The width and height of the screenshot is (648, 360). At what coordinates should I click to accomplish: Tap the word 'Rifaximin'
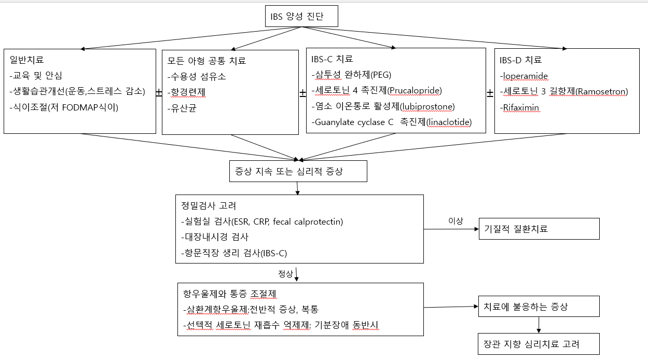[521, 107]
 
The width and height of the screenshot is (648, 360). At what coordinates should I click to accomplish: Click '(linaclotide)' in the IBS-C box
[448, 122]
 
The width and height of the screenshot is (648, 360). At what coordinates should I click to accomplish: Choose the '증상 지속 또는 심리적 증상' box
[298, 171]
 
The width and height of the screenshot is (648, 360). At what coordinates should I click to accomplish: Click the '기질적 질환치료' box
[538, 229]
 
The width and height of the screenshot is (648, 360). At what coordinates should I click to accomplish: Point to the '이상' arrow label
[455, 221]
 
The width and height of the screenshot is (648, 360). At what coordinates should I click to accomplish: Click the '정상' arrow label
[285, 273]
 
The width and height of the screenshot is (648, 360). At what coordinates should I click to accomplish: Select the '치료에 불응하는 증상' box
[538, 307]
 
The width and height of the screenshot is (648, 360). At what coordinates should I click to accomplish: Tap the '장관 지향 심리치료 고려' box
[538, 344]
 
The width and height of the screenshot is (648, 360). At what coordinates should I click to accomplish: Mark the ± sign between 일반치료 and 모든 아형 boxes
[159, 92]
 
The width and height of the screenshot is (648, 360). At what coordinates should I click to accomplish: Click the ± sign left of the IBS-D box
[490, 93]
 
